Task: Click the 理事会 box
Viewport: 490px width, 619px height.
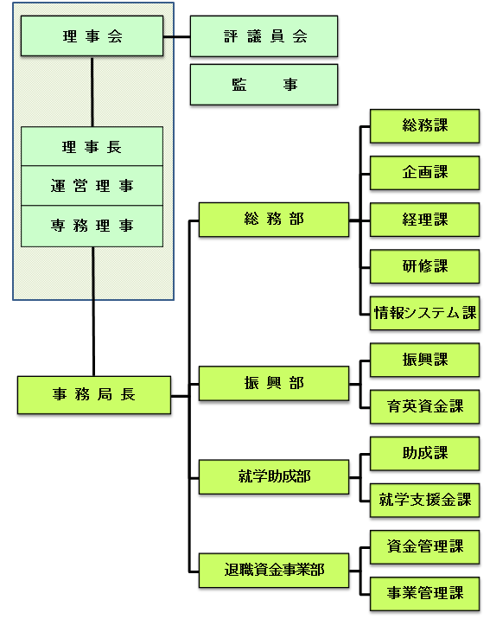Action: pos(92,36)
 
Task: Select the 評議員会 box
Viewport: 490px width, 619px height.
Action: pos(264,36)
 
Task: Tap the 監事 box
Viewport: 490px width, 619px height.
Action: pos(264,85)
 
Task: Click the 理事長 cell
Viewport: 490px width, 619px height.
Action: pos(92,146)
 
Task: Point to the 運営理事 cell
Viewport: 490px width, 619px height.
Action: pos(92,186)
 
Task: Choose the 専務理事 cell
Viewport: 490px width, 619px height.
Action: pos(92,226)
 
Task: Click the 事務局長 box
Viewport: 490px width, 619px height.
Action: pos(93,395)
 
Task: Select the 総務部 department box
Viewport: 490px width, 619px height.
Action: pos(273,220)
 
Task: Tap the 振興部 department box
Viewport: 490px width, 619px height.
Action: pos(273,383)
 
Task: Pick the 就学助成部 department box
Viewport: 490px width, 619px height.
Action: pos(273,476)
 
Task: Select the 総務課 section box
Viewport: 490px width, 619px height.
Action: pos(424,125)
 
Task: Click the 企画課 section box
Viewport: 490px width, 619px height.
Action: pos(424,172)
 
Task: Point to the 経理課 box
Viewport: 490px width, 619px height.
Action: pos(424,219)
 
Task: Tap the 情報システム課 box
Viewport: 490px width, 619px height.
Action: pos(424,312)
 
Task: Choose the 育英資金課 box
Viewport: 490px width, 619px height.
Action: pos(424,405)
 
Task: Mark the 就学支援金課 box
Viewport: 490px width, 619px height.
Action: pos(424,499)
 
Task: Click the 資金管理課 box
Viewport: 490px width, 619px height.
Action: pos(424,546)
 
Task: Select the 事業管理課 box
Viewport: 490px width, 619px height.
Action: pos(424,593)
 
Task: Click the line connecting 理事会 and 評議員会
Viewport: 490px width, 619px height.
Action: pos(176,37)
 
